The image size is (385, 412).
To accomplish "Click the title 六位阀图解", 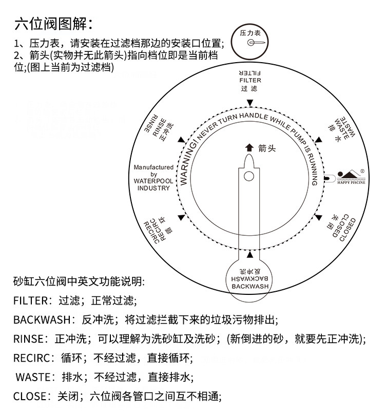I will coord(54,24).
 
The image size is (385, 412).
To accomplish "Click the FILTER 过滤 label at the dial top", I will coord(250,80).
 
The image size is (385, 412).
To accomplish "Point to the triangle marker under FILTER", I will coord(250,103).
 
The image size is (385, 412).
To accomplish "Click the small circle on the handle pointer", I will coord(249,176).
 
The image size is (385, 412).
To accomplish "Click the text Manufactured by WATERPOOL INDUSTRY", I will coord(153,178).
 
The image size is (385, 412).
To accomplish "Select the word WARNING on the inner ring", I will coord(188,165).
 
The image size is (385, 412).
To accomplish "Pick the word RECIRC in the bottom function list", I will coord(30,358).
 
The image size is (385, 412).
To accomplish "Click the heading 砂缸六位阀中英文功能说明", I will coord(79,282).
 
